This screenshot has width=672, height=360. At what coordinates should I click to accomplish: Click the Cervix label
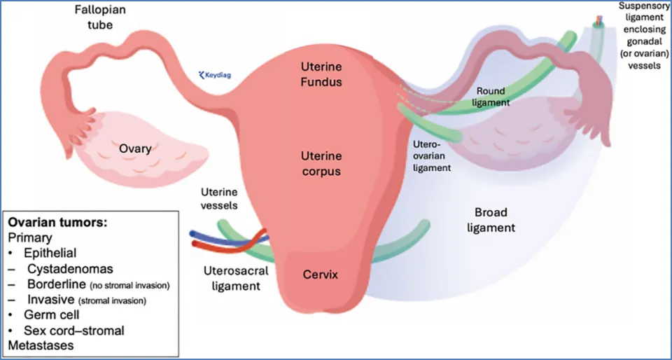pos(320,275)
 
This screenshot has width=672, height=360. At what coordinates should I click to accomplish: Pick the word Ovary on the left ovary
pos(134,148)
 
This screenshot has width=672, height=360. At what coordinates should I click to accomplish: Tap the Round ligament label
pos(493,97)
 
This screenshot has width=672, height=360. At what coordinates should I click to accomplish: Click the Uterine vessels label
pos(219,198)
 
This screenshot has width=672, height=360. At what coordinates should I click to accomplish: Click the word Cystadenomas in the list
pos(70,268)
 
